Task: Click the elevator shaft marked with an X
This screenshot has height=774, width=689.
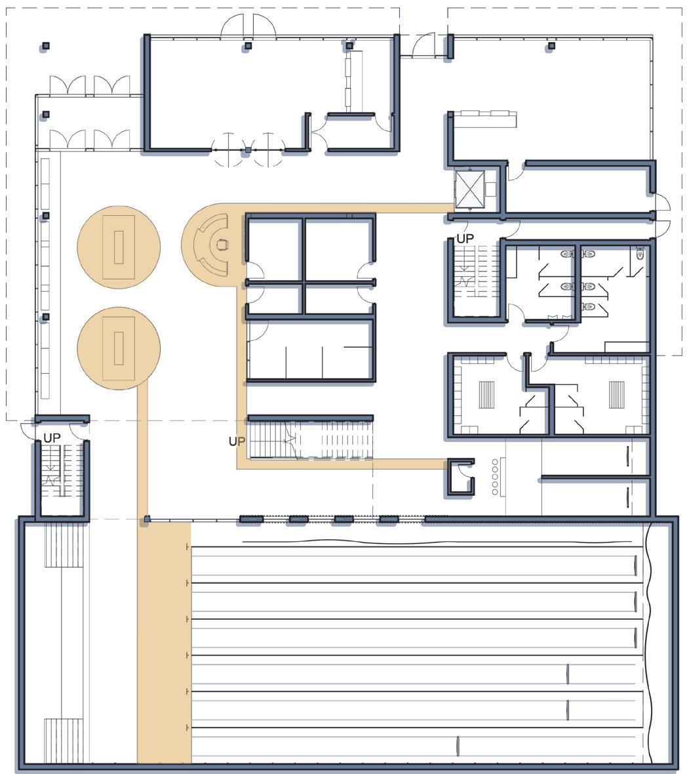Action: (469, 189)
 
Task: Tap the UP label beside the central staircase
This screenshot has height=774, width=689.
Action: (237, 441)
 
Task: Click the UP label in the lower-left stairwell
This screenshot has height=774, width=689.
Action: (52, 438)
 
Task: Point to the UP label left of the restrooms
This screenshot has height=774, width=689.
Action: (465, 239)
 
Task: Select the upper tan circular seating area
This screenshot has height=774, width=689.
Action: (119, 247)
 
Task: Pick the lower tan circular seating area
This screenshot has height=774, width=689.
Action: (119, 348)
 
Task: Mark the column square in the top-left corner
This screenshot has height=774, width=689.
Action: (46, 46)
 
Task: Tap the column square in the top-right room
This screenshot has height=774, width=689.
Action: (551, 46)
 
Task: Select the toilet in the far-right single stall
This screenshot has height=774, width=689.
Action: (640, 254)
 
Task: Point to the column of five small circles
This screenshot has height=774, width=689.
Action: (495, 477)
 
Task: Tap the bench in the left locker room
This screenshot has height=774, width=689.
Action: (486, 394)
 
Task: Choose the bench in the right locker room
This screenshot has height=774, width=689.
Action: (616, 394)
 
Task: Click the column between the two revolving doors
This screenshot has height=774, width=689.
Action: (248, 150)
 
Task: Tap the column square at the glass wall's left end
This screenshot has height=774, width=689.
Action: (146, 519)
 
